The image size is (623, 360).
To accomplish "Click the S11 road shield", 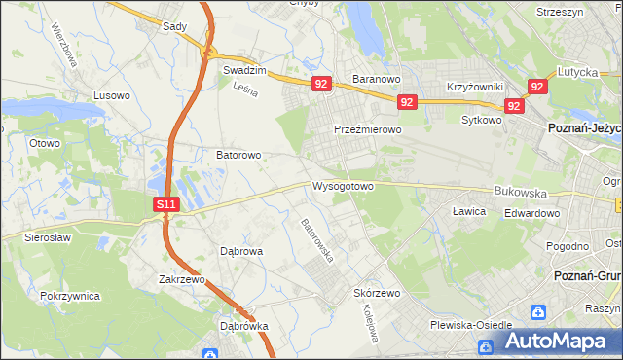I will click(x=166, y=205).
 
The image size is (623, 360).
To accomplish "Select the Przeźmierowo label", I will click(x=368, y=129).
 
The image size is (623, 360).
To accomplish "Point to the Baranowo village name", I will click(x=377, y=79).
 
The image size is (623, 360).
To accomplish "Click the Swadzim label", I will click(x=244, y=71).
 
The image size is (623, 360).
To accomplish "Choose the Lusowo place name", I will click(x=111, y=95).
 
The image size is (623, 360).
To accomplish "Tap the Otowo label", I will click(x=45, y=143).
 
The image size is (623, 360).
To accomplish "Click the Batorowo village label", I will click(x=238, y=155).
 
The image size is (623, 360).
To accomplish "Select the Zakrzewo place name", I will click(x=183, y=279).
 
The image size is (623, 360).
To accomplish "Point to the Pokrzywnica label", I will click(x=71, y=295).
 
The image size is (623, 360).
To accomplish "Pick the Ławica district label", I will click(x=469, y=211).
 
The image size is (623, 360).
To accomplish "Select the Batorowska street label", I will click(x=317, y=239).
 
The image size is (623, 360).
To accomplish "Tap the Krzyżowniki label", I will click(x=474, y=87).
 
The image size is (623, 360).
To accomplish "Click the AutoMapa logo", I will click(x=556, y=342).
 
